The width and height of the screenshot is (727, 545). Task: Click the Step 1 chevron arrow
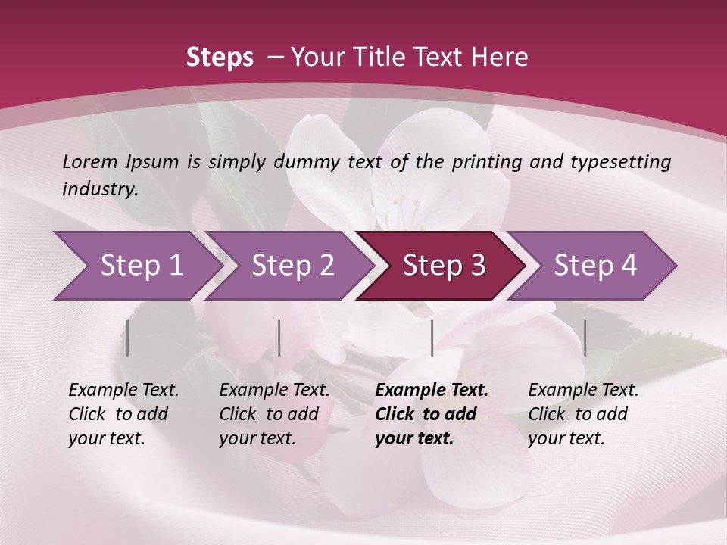[136, 266]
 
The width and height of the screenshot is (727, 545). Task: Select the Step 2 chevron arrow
[292, 266]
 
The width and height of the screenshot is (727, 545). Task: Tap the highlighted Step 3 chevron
[443, 266]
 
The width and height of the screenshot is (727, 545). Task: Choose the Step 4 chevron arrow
[594, 266]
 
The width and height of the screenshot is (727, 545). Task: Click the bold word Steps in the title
[220, 58]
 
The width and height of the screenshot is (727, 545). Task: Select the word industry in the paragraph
[100, 188]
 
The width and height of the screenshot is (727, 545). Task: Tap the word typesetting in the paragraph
[619, 161]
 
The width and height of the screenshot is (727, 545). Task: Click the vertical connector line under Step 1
[128, 338]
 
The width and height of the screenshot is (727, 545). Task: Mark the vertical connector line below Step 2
[279, 338]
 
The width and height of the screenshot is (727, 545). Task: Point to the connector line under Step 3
[432, 338]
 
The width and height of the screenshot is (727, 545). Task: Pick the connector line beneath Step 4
[585, 338]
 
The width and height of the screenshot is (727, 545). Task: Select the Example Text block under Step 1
[124, 414]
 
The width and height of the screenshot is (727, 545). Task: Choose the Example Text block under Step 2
[274, 414]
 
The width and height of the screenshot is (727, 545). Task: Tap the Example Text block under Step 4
[583, 414]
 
